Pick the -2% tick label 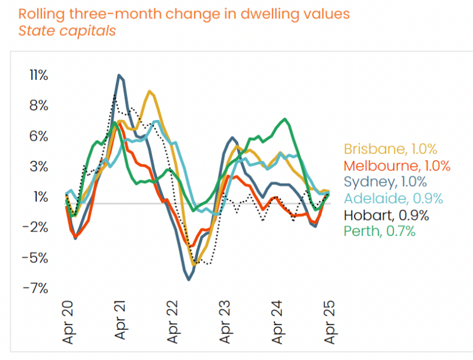coord(36,228)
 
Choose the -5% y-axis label coord(36,258)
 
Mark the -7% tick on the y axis coord(36,288)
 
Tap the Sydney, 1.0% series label coord(385,182)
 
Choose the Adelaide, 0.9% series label coord(393,198)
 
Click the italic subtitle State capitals coord(67,31)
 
